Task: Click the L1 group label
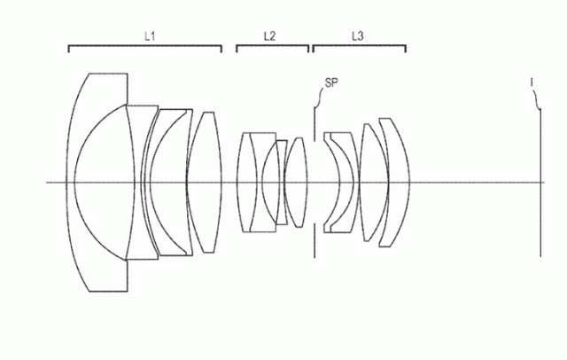[x=150, y=35]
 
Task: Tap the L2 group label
[x=269, y=35]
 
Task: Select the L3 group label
[x=358, y=35]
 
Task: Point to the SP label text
[x=331, y=82]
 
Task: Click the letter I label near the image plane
[x=532, y=82]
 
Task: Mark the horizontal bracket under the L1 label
[x=145, y=46]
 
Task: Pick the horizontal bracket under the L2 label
[x=273, y=46]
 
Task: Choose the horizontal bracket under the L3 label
[x=359, y=46]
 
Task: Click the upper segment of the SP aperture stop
[x=315, y=124]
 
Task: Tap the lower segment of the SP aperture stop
[x=315, y=240]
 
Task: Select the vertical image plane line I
[x=540, y=183]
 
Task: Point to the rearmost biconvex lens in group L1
[x=204, y=183]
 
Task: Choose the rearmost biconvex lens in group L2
[x=296, y=183]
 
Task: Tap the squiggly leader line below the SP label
[x=320, y=97]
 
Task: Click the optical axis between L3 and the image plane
[x=475, y=183]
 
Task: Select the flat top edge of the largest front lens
[x=108, y=74]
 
